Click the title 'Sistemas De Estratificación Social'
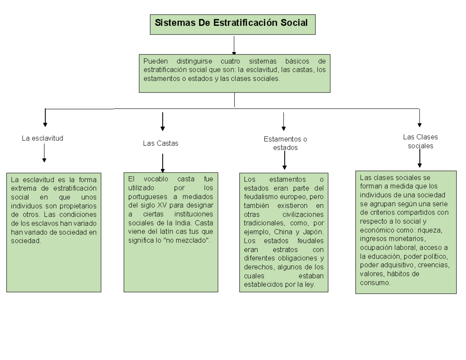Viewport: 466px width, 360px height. pos(231,23)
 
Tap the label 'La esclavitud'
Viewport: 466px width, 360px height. pos(42,138)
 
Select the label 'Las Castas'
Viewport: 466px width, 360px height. pos(161,143)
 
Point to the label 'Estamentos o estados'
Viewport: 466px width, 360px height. pos(285,143)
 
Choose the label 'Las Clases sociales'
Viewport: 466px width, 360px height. pos(420,141)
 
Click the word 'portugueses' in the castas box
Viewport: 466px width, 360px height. pos(148,197)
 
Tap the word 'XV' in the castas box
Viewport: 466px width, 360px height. pos(162,205)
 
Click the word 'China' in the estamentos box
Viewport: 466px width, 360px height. pos(283,232)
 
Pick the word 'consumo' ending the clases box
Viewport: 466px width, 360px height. pos(375,283)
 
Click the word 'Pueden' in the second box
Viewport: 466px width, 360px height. pos(156,61)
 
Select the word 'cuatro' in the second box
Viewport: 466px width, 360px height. pos(230,61)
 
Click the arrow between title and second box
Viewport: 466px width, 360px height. pos(234,45)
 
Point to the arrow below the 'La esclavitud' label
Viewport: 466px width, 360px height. pos(44,153)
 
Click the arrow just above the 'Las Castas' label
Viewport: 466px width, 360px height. pos(163,122)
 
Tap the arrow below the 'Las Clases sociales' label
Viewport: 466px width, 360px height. pos(420,158)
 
